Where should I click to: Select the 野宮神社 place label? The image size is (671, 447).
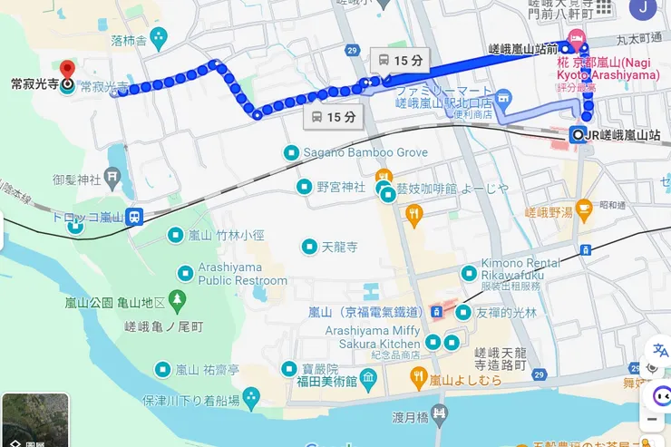pos(340,187)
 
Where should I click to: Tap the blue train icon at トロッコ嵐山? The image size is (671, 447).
pos(134,217)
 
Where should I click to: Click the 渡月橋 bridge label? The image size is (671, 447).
pos(409,419)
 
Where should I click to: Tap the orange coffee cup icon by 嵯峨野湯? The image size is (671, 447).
pos(584,209)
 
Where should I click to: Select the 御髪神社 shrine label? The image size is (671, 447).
pos(81,180)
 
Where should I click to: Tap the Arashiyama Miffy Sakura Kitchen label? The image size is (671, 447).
pos(373,337)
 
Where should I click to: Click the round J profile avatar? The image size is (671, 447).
pos(645,8)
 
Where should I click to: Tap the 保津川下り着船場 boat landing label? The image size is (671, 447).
pos(190,400)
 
